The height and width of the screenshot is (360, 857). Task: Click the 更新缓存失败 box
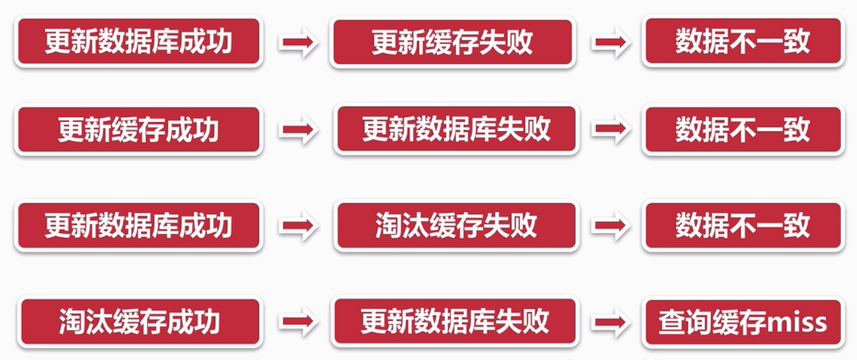click(x=453, y=43)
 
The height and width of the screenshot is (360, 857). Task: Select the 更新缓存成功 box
click(x=138, y=129)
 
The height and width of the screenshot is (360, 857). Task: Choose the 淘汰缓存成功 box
click(x=138, y=322)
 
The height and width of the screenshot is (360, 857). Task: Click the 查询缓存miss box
click(x=742, y=323)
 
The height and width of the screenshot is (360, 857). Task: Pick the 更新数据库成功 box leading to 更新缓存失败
click(x=138, y=43)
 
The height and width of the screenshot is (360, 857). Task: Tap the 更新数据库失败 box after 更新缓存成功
click(x=456, y=129)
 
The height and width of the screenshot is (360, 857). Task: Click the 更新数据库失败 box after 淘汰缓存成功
click(x=454, y=322)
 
